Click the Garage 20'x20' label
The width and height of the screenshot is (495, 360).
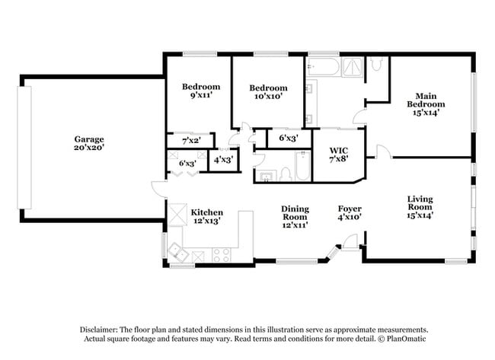(89, 144)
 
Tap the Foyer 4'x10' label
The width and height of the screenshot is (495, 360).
(350, 213)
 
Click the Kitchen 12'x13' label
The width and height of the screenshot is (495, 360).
(206, 218)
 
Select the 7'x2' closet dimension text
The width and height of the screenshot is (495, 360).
(190, 141)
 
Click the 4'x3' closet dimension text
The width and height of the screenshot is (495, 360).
(222, 161)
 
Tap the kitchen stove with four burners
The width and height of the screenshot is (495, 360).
(222, 254)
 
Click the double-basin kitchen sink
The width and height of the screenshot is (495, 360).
(178, 252)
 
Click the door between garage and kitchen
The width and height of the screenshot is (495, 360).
(158, 190)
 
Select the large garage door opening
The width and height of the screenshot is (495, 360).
(25, 147)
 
